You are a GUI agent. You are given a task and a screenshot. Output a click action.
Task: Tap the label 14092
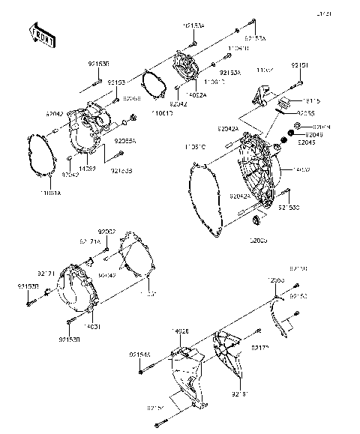tap(86, 159)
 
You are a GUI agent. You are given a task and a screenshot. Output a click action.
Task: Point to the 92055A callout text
tap(125, 139)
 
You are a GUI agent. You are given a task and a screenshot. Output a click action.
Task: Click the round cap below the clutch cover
tap(258, 218)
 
